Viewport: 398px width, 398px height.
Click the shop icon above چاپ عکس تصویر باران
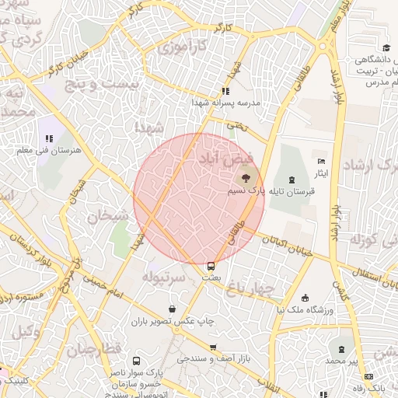tap(182, 309)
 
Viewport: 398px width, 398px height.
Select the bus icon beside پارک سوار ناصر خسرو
tap(136, 361)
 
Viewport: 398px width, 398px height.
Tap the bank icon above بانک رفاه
tap(379, 375)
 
